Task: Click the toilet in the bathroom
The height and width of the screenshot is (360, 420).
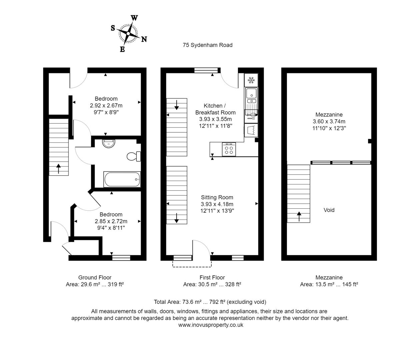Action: pyautogui.click(x=134, y=156)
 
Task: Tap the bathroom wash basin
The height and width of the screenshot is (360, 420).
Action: pyautogui.click(x=109, y=143)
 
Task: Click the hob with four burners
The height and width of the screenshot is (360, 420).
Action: pyautogui.click(x=229, y=149)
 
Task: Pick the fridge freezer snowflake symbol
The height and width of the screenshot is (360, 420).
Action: pyautogui.click(x=251, y=80)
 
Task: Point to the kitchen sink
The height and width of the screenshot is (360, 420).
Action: pyautogui.click(x=251, y=95)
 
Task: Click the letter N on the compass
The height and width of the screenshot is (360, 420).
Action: pyautogui.click(x=144, y=39)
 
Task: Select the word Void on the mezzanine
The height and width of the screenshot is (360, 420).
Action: pyautogui.click(x=329, y=210)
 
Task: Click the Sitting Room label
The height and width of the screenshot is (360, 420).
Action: pyautogui.click(x=217, y=197)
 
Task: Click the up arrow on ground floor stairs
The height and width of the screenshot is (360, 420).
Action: pyautogui.click(x=59, y=168)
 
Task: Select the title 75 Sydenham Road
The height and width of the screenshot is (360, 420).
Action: pyautogui.click(x=207, y=45)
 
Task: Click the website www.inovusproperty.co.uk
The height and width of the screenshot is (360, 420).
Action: pyautogui.click(x=211, y=325)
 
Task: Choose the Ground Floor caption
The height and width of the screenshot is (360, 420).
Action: pyautogui.click(x=95, y=277)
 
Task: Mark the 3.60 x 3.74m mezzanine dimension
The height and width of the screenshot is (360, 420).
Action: pyautogui.click(x=329, y=121)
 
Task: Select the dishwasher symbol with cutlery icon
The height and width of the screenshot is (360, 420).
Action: pyautogui.click(x=251, y=117)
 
